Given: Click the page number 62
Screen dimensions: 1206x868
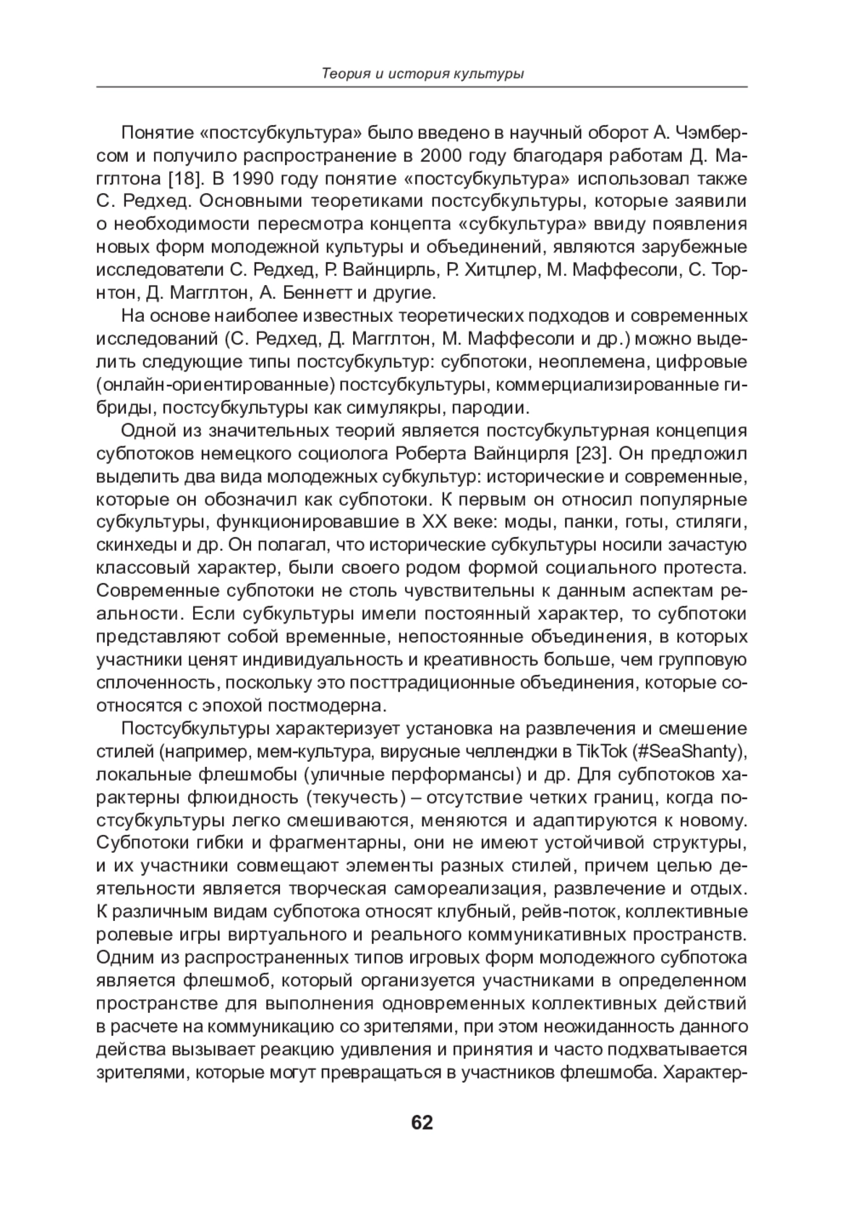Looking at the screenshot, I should point(422,1122).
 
